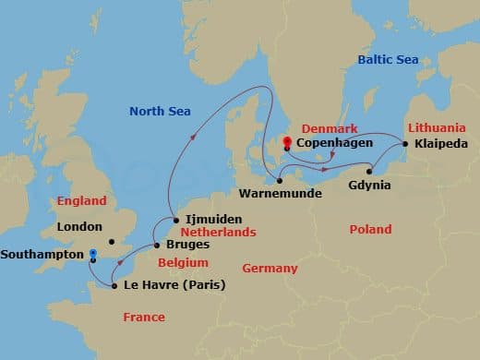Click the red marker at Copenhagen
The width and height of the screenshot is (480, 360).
tap(288, 141)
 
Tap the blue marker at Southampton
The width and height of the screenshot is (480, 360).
tap(91, 253)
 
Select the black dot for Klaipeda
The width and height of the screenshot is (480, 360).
tap(404, 143)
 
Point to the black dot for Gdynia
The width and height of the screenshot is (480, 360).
tap(369, 171)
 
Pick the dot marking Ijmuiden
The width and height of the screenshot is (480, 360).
tap(176, 220)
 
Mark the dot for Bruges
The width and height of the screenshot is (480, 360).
tap(156, 245)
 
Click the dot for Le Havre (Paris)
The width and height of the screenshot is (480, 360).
tap(114, 286)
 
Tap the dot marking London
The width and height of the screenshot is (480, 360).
tap(111, 243)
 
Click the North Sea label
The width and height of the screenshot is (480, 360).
tap(159, 112)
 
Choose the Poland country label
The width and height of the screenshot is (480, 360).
tap(370, 229)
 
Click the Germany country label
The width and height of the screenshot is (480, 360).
tap(270, 268)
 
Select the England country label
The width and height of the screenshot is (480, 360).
tap(81, 200)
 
